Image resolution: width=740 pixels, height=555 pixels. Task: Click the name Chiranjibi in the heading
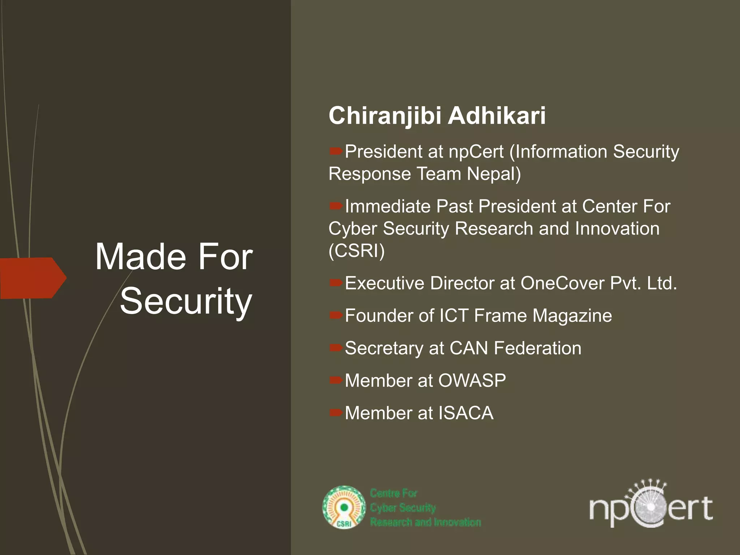tap(385, 116)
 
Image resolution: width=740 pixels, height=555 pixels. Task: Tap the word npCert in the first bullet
tap(476, 152)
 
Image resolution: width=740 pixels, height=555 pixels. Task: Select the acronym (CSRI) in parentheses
tap(357, 251)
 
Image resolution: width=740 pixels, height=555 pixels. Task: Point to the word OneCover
tap(562, 283)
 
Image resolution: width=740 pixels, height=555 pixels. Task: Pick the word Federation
tap(538, 348)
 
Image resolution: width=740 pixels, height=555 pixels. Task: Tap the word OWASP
tap(472, 381)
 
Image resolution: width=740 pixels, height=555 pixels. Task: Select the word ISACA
tap(466, 413)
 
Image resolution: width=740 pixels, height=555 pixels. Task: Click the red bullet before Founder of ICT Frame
tap(336, 315)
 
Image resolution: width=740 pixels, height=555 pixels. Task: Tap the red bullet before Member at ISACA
tap(336, 412)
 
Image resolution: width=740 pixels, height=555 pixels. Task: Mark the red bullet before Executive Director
tap(336, 282)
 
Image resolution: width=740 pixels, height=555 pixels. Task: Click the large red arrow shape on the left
tap(33, 278)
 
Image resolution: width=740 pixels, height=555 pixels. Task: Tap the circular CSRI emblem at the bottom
tap(344, 507)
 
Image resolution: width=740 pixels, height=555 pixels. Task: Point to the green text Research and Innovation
tap(425, 522)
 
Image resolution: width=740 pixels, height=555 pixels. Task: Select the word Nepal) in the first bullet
tap(494, 174)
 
